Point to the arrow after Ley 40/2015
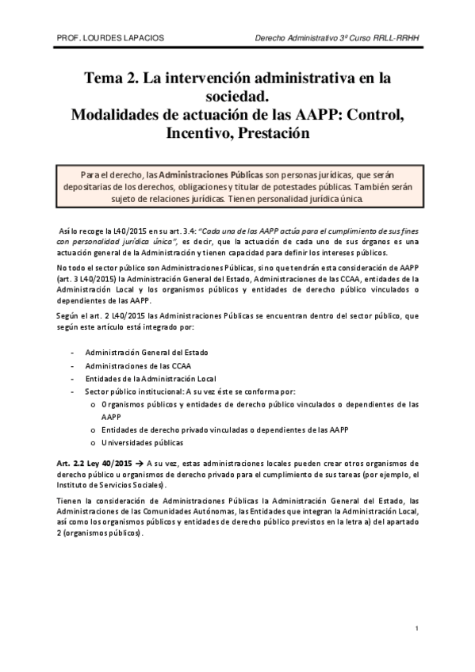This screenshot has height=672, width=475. coord(137,463)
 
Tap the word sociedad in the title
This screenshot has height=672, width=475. coord(237,97)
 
